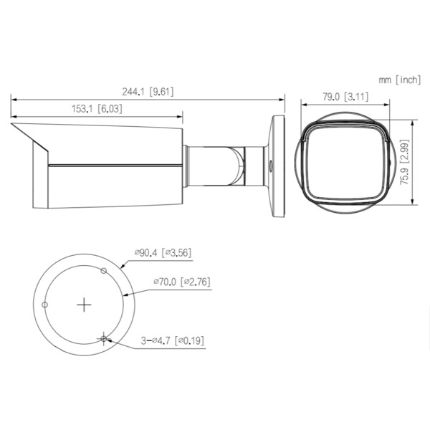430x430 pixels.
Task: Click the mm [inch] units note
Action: (x=400, y=80)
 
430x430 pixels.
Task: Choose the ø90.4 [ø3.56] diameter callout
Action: (x=162, y=252)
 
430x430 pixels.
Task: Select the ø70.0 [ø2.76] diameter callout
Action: (x=181, y=282)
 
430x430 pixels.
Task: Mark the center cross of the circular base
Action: (x=85, y=305)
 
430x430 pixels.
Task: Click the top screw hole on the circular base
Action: (x=105, y=271)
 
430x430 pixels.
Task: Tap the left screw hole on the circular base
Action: (x=45, y=305)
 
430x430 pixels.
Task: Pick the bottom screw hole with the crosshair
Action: (x=105, y=338)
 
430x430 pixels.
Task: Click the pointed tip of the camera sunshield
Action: (x=12, y=125)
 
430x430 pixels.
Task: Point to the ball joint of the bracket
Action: (x=235, y=164)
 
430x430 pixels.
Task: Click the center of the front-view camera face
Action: (x=343, y=163)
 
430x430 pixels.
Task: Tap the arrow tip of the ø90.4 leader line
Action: (x=123, y=265)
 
